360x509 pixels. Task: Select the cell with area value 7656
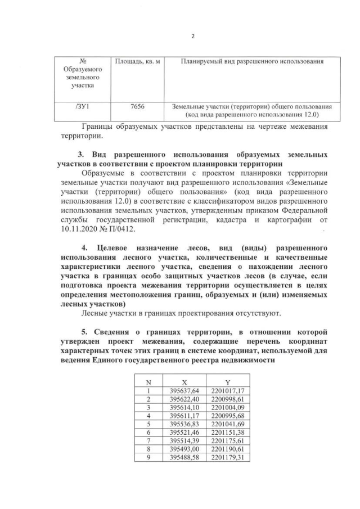click(x=137, y=106)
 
